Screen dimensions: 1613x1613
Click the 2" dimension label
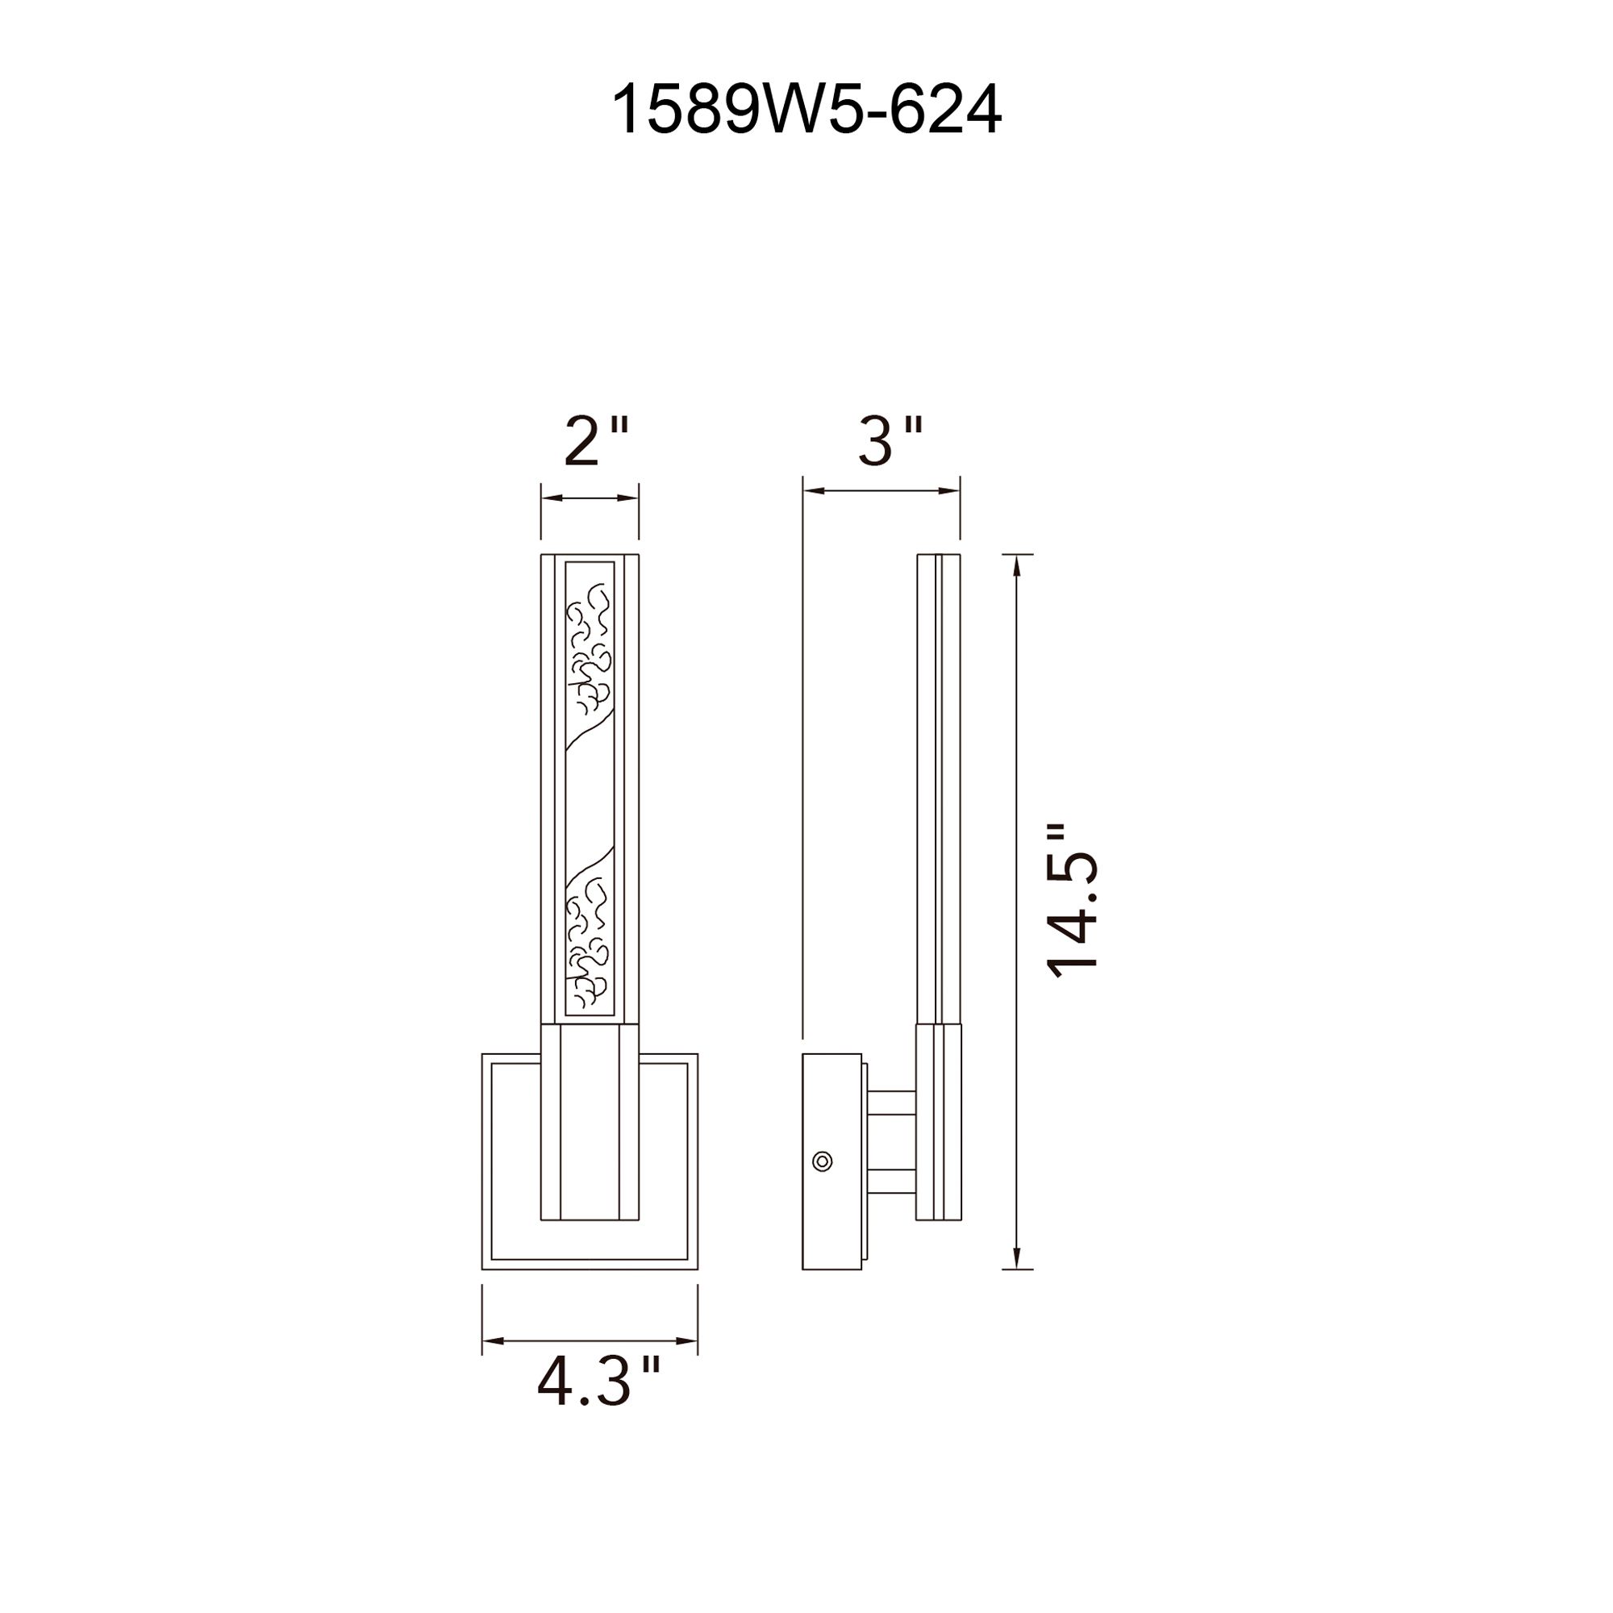(594, 442)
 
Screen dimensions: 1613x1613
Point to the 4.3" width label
(598, 1383)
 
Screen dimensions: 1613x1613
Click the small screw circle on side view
(823, 1161)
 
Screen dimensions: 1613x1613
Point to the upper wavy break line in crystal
(590, 735)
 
